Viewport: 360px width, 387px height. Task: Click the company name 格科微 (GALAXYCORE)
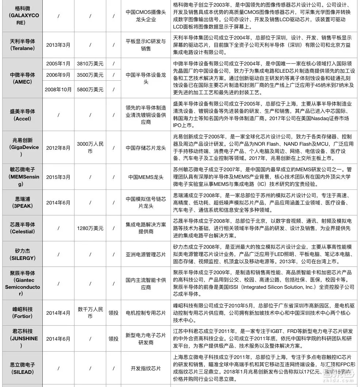pyautogui.click(x=22, y=16)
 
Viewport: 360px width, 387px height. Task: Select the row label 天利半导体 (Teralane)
pyautogui.click(x=22, y=45)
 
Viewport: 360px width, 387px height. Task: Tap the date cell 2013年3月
pyautogui.click(x=58, y=45)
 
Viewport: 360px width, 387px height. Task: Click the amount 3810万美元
pyautogui.click(x=90, y=64)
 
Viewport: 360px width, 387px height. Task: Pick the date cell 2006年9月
pyautogui.click(x=58, y=75)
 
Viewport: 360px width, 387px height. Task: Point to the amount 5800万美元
pyautogui.click(x=90, y=89)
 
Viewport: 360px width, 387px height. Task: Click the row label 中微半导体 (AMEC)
pyautogui.click(x=22, y=78)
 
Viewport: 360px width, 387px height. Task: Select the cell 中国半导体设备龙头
pyautogui.click(x=146, y=78)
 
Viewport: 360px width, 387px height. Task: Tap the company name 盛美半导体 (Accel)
pyautogui.click(x=22, y=115)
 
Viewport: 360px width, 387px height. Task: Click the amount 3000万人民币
pyautogui.click(x=90, y=147)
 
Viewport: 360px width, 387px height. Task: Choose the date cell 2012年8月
pyautogui.click(x=58, y=147)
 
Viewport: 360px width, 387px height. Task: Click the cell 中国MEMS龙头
pyautogui.click(x=146, y=177)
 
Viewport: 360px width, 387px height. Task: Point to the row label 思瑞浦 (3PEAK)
pyautogui.click(x=22, y=202)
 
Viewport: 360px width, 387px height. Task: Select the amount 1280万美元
pyautogui.click(x=90, y=228)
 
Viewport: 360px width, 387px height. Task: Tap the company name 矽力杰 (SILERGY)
pyautogui.click(x=22, y=254)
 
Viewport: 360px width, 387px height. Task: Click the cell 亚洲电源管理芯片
pyautogui.click(x=146, y=254)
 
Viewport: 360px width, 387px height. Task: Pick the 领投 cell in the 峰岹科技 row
pyautogui.click(x=113, y=313)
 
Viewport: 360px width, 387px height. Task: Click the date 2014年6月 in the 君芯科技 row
pyautogui.click(x=58, y=338)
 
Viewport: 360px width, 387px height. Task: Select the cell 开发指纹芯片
pyautogui.click(x=146, y=368)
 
